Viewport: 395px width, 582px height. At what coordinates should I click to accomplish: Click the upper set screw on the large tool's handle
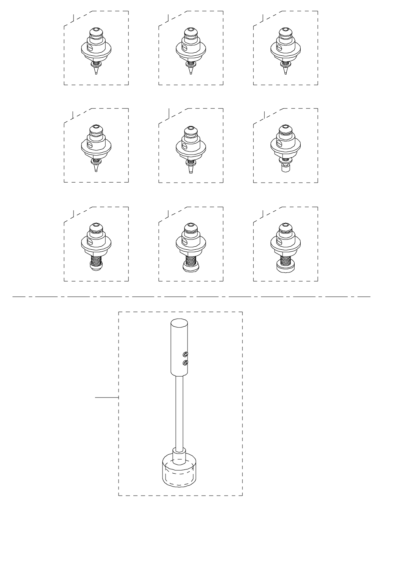coord(185,354)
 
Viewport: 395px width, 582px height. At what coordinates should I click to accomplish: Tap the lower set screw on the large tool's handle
coord(185,363)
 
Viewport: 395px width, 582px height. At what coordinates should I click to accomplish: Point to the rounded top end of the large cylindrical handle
coord(179,324)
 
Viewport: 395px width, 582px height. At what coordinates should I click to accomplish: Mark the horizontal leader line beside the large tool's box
coord(107,397)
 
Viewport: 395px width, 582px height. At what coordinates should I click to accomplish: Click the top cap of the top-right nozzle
coord(285,30)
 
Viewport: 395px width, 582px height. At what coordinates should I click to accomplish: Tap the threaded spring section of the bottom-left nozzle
coord(96,260)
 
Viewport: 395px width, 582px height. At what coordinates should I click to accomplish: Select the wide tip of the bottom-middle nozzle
coord(190,267)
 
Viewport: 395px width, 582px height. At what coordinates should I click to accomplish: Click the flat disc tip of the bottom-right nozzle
coord(285,269)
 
